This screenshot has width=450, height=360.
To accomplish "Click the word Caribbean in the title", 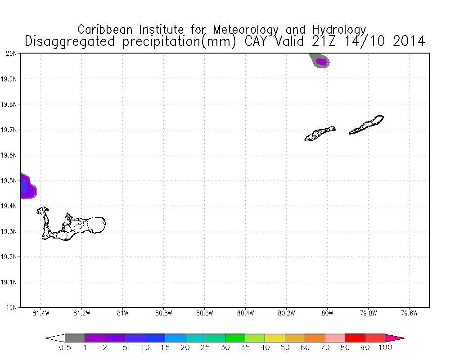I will pos(107,30).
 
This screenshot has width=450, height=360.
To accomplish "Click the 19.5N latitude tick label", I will pos(9,180).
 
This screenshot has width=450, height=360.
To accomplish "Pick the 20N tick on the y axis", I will pos(12,54).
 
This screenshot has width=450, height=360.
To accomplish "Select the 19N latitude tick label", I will pos(12,308).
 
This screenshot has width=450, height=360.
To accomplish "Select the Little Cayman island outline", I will pos(320,133).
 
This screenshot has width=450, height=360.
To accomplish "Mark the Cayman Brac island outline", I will pos(367,125).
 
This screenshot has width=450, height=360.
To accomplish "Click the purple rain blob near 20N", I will pos(321,62).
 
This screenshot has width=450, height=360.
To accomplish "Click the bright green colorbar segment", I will pos(235,338).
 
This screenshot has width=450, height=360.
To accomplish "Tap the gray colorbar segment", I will pos(75,338).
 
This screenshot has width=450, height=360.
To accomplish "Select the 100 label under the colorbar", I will pos(385,347).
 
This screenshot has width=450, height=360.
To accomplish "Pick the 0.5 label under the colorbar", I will pos(65,347).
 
